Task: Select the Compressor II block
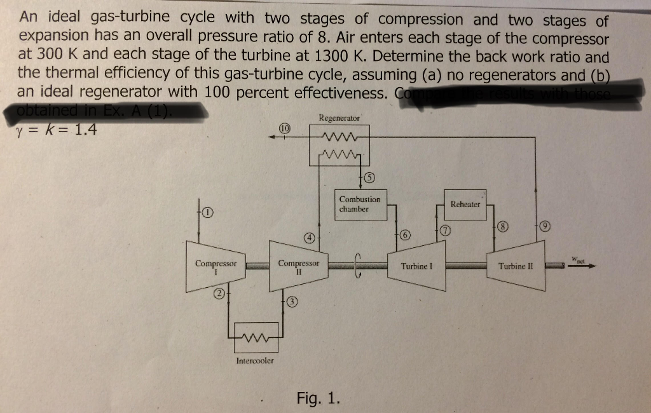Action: coord(298,266)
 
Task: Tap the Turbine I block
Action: coord(416,266)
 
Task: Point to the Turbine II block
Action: coord(516,266)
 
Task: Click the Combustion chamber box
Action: coord(360,204)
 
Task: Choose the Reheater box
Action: coord(465,204)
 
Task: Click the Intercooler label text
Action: coord(255,360)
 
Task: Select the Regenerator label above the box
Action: coord(339,118)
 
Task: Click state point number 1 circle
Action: coord(207,212)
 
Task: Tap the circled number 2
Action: coord(218,294)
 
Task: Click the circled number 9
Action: coord(545,226)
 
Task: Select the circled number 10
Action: coord(284,129)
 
